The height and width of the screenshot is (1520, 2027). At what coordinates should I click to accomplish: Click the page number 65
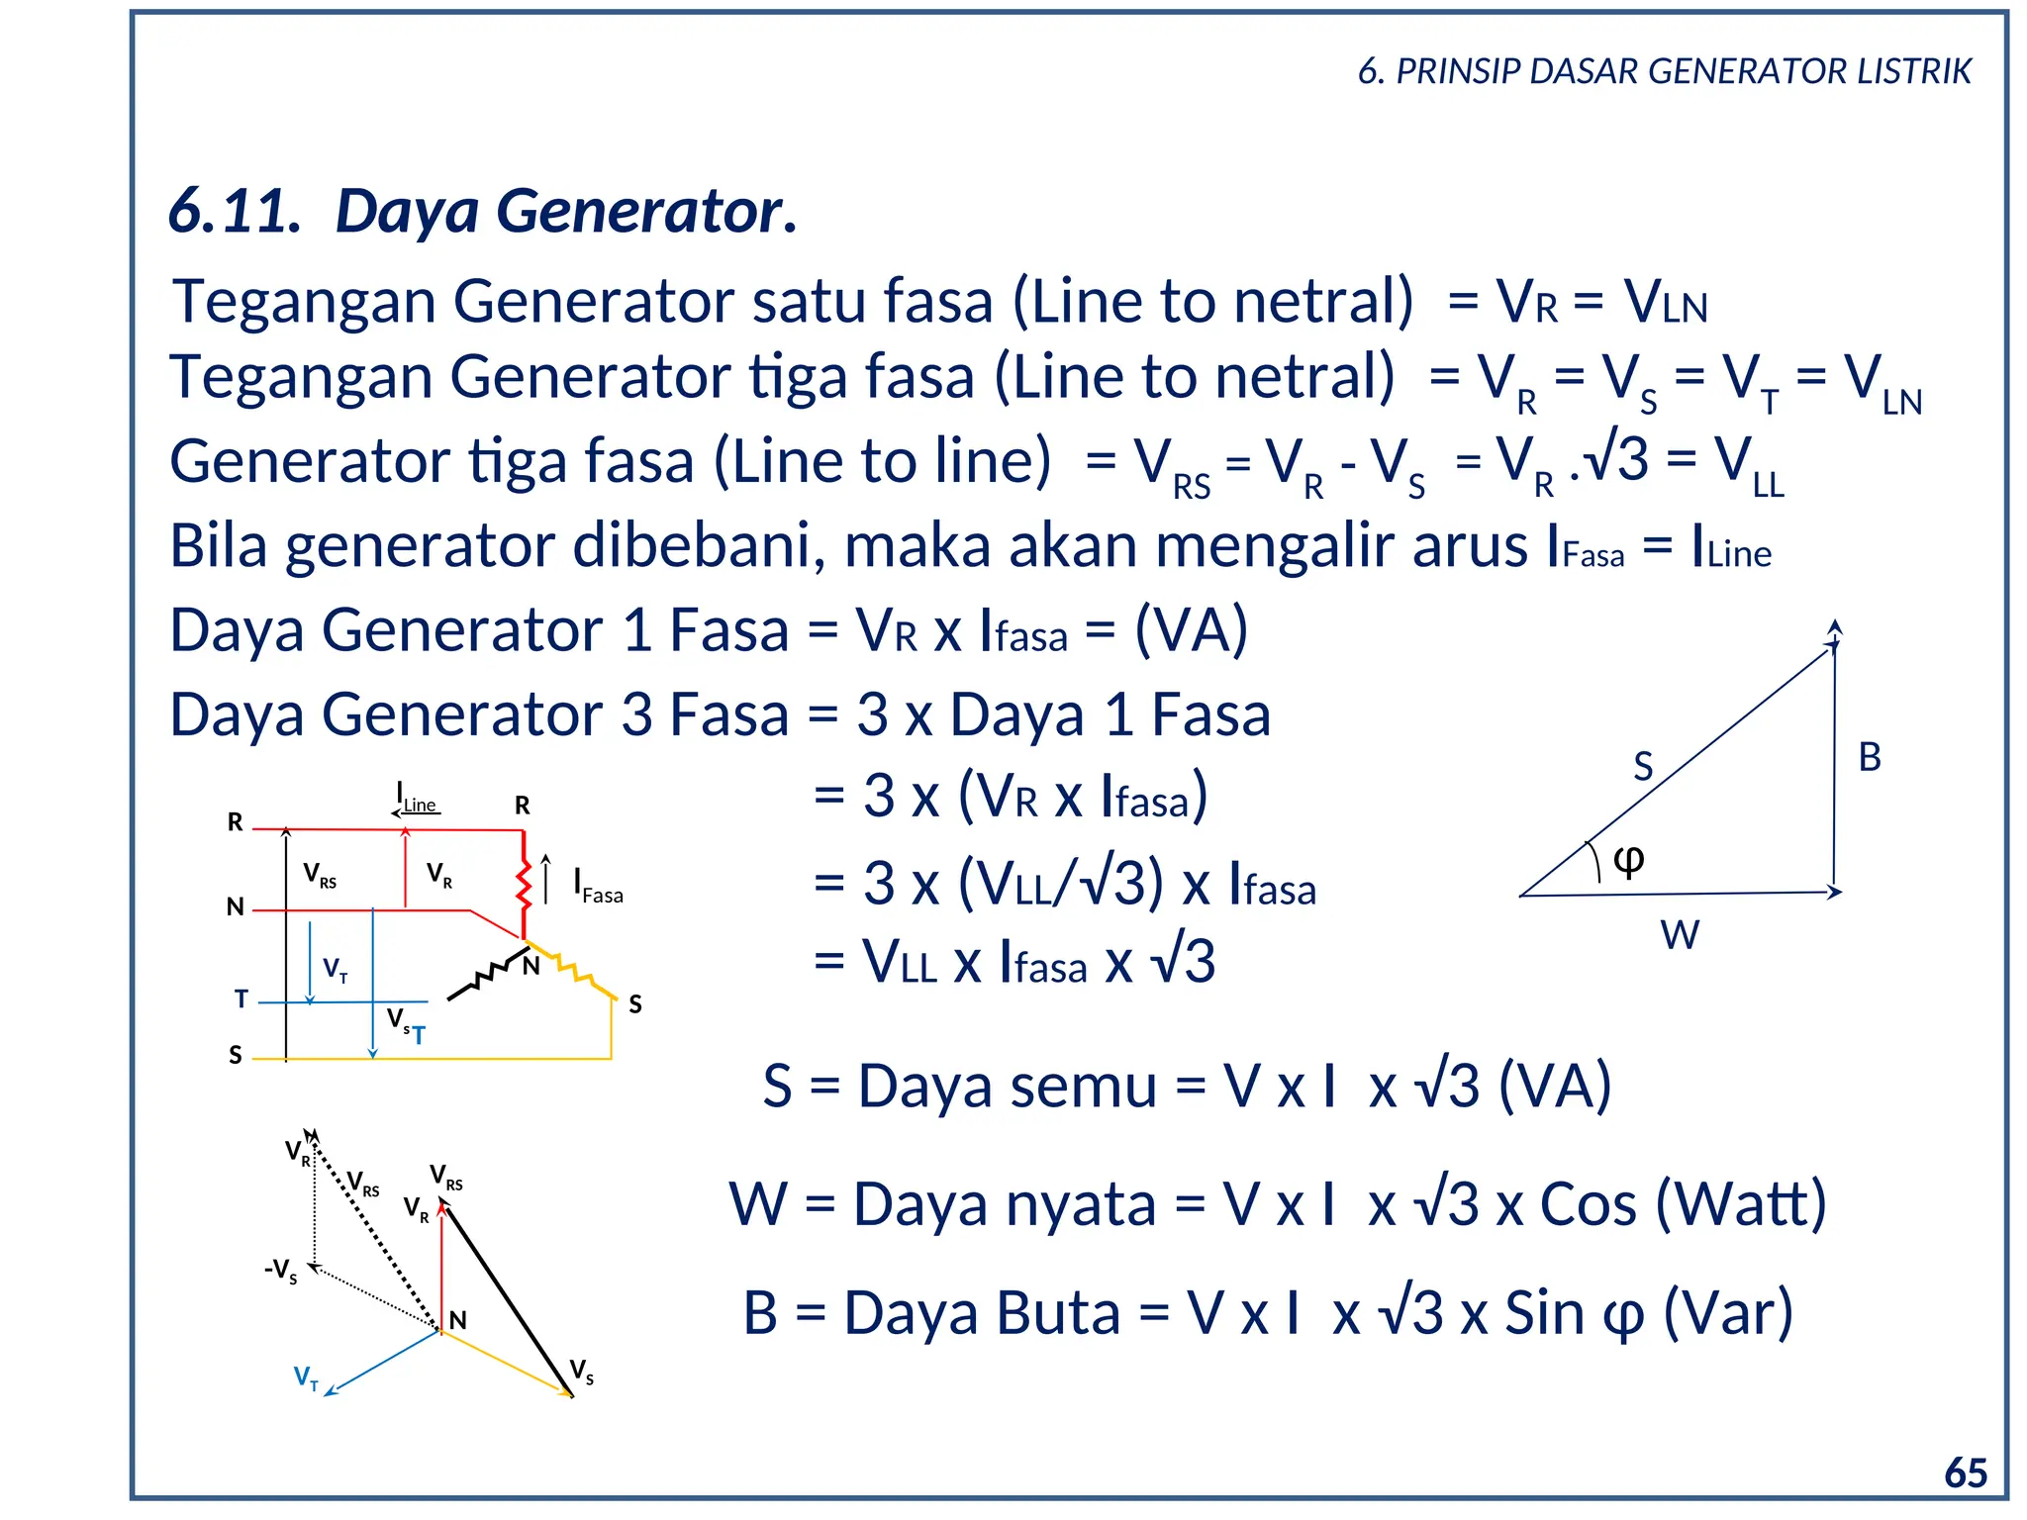click(x=1965, y=1472)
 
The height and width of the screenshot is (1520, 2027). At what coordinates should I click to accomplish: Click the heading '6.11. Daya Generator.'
click(x=482, y=211)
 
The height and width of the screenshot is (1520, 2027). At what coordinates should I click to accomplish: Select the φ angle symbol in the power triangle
click(x=1628, y=859)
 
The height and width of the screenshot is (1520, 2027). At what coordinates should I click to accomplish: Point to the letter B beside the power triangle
click(x=1869, y=757)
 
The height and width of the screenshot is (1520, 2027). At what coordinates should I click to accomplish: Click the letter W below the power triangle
click(x=1680, y=934)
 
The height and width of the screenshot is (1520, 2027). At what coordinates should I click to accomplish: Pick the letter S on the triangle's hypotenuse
click(x=1643, y=766)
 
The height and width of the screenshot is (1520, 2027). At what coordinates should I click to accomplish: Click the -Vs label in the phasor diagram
click(x=281, y=1271)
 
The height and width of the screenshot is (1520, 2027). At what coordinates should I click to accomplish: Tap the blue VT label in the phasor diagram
click(x=306, y=1377)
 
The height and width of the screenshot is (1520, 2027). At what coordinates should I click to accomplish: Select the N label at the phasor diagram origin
click(x=457, y=1320)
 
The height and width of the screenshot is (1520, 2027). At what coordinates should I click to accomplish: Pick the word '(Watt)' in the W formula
click(x=1740, y=1204)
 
